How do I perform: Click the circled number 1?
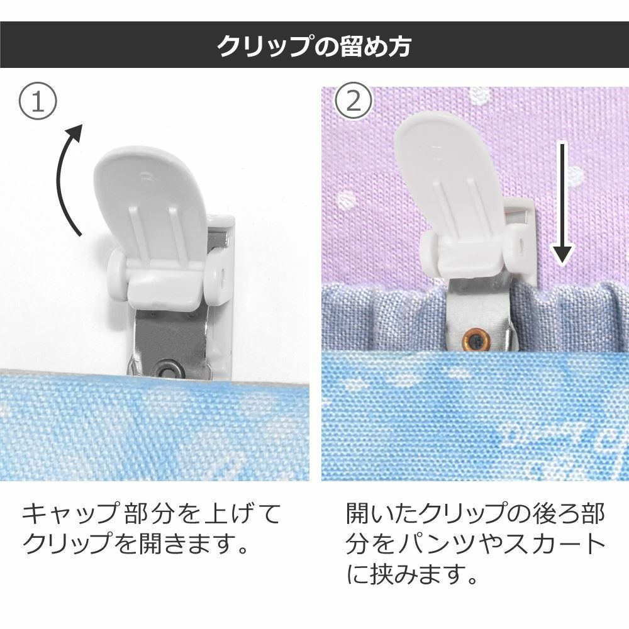pyautogui.click(x=38, y=103)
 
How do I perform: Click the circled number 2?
pyautogui.click(x=353, y=103)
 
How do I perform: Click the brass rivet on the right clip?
pyautogui.click(x=476, y=340)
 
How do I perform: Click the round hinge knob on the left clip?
pyautogui.click(x=116, y=266)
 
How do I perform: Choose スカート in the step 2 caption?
pyautogui.click(x=554, y=545)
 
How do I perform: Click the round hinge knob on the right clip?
pyautogui.click(x=430, y=249)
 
